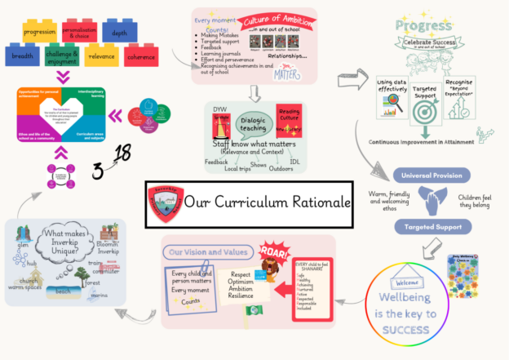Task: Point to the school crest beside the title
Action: pyautogui.click(x=163, y=202)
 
